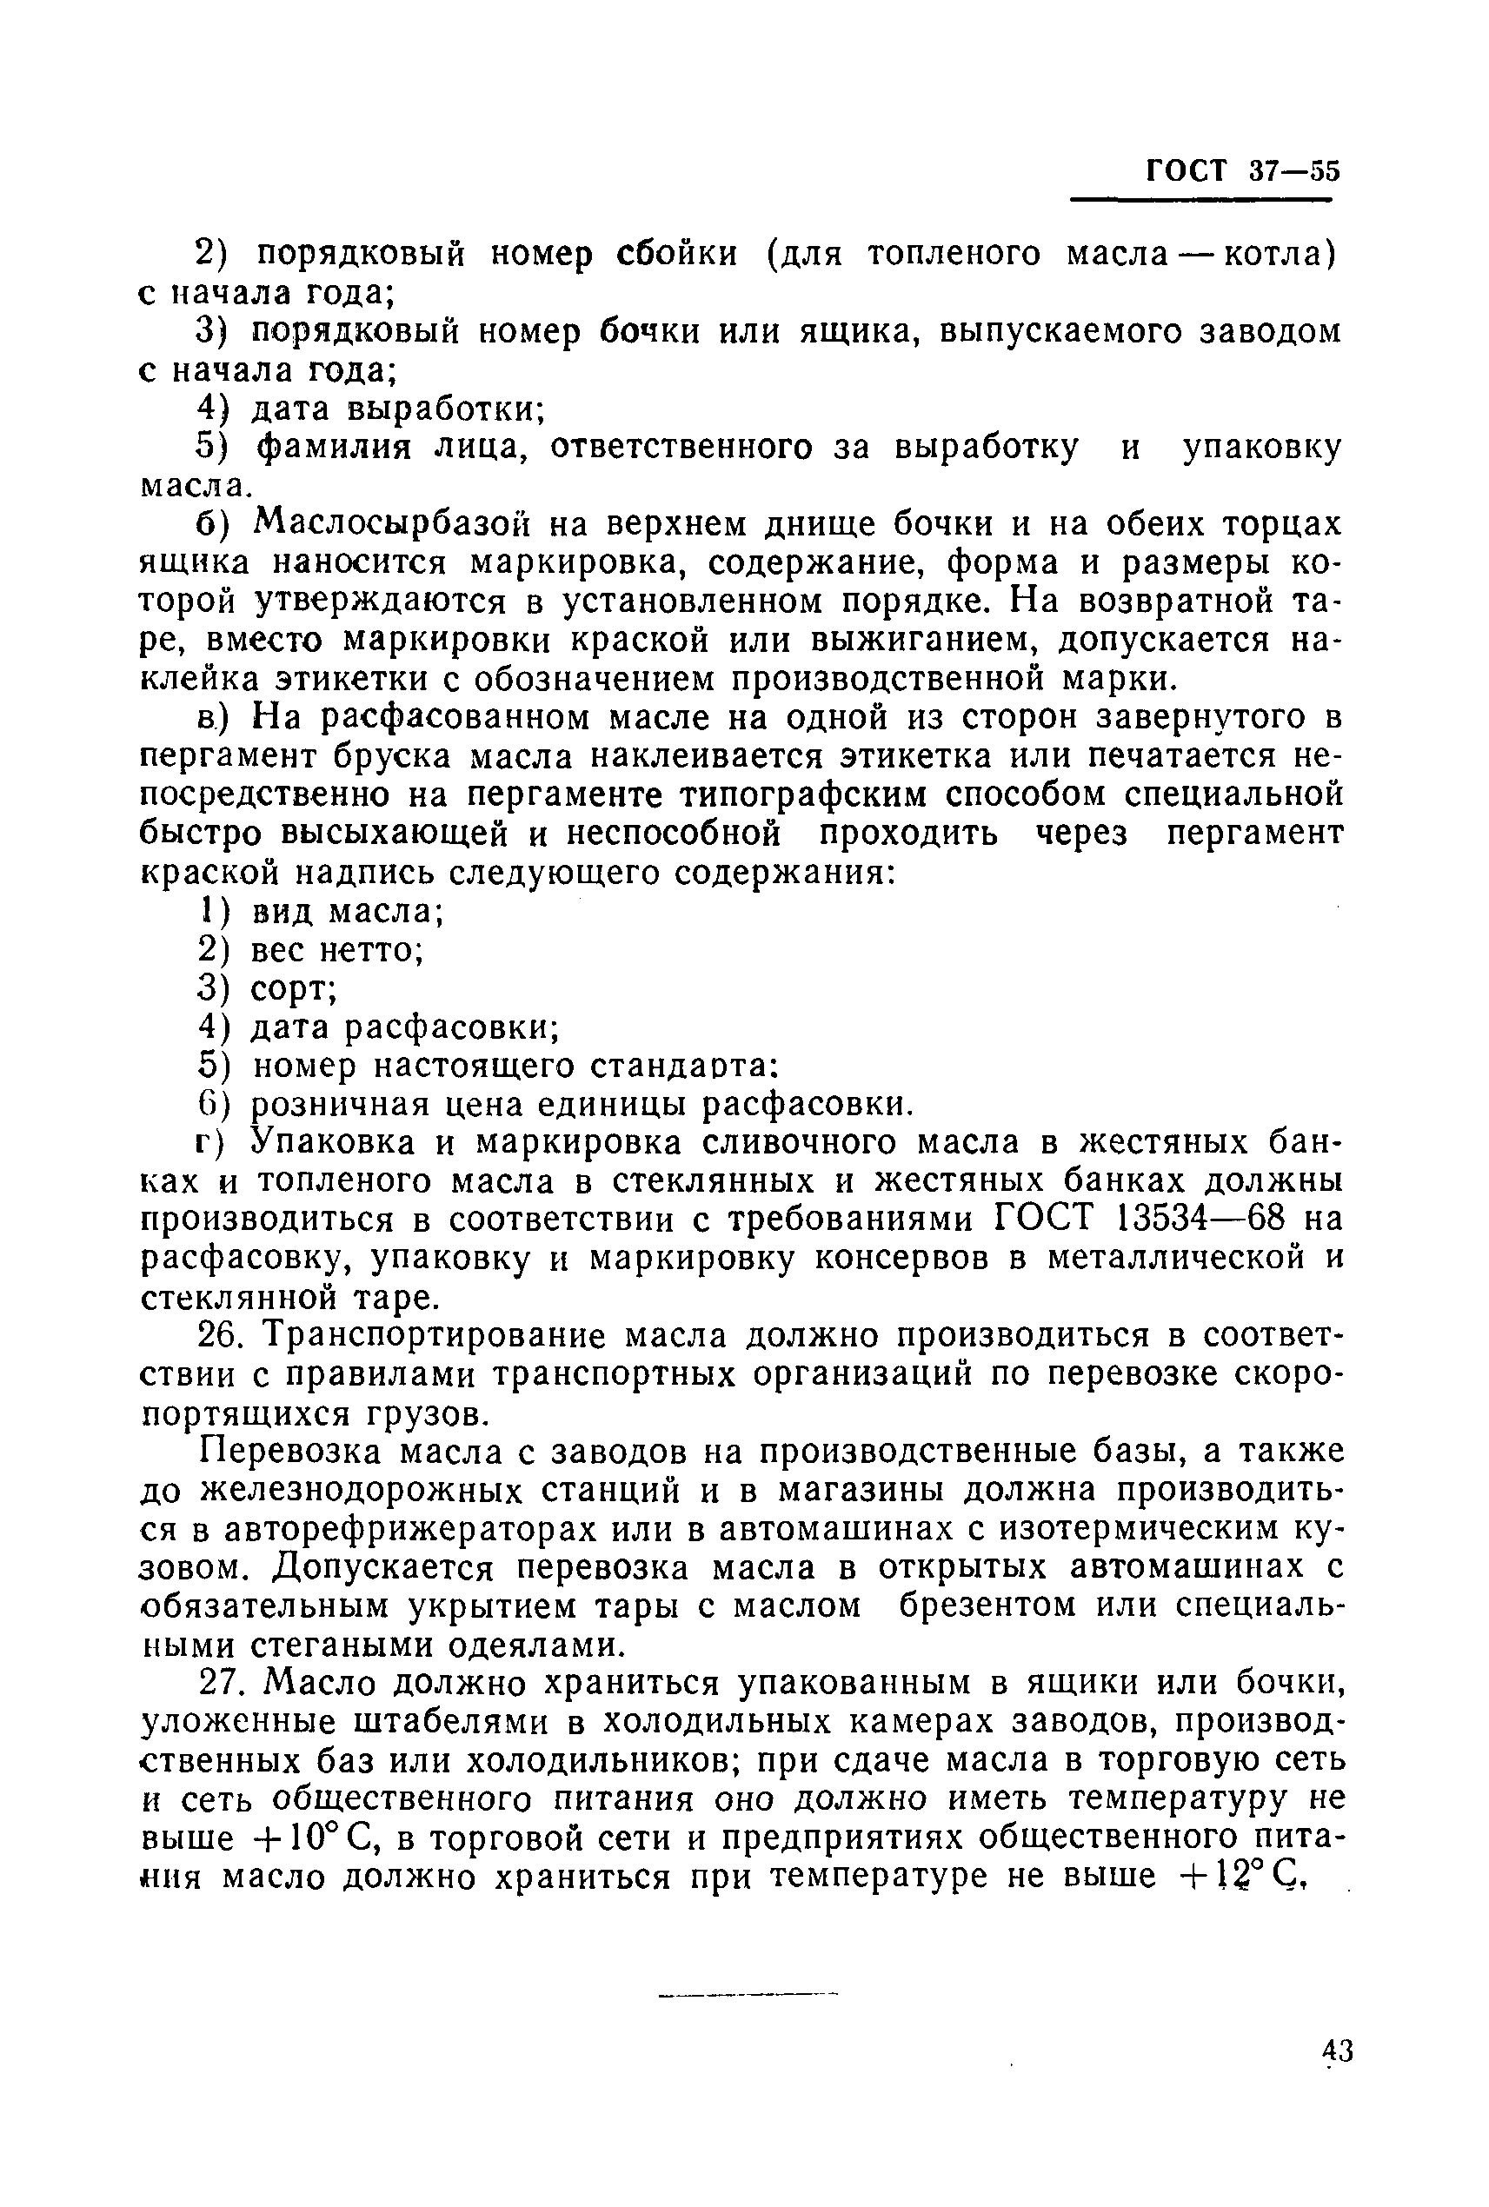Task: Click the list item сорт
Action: pos(291,989)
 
